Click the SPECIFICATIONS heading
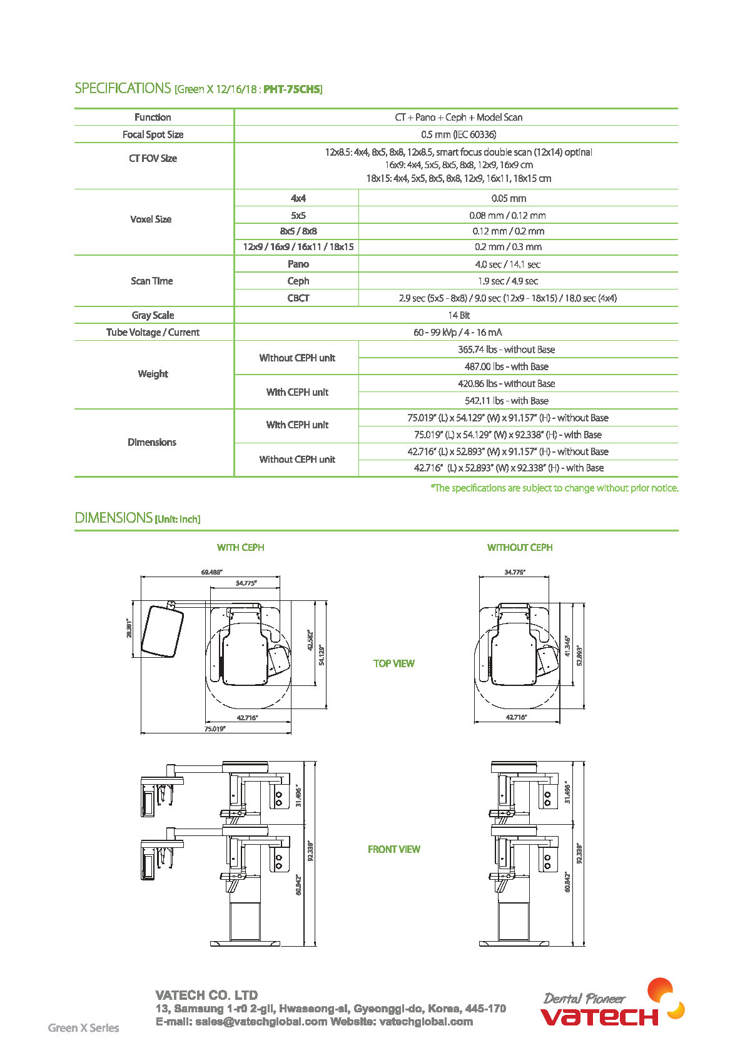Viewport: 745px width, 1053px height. click(123, 88)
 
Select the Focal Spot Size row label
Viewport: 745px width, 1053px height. click(153, 134)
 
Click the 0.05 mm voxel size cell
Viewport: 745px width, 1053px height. click(509, 198)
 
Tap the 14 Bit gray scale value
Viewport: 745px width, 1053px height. click(459, 315)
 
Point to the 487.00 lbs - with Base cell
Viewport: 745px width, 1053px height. click(506, 366)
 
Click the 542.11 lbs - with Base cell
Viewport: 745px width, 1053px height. click(506, 401)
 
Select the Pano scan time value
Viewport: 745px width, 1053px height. click(507, 265)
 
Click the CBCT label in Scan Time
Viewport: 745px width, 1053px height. click(298, 298)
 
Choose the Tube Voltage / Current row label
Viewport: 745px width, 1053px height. click(153, 332)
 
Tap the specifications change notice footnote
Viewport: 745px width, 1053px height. click(554, 488)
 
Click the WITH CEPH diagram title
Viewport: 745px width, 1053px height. click(240, 547)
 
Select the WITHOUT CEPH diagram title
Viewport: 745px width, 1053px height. click(520, 547)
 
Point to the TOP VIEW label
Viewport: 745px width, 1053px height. click(393, 663)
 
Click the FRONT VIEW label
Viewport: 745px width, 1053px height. click(393, 849)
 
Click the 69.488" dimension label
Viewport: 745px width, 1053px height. click(212, 572)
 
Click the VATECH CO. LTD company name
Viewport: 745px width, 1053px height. click(206, 995)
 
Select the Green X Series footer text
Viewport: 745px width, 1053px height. click(83, 1027)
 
